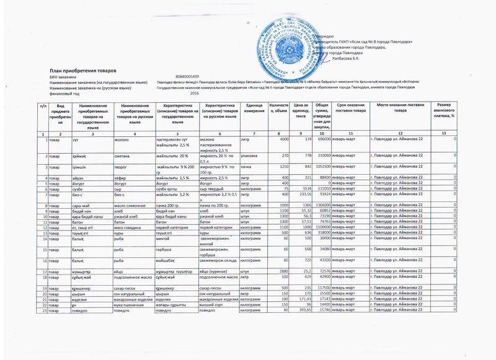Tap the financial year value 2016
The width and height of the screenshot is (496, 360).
click(194, 92)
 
